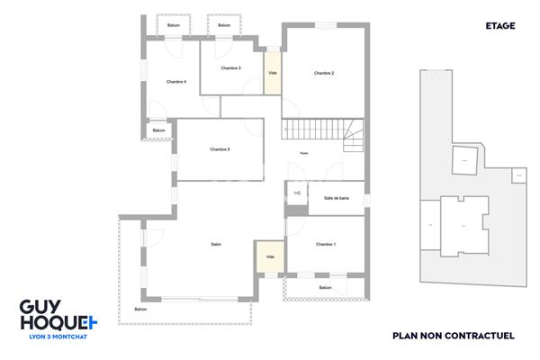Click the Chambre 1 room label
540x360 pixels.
pyautogui.click(x=325, y=245)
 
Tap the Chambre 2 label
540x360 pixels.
pyautogui.click(x=324, y=73)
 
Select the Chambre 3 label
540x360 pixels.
pyautogui.click(x=231, y=68)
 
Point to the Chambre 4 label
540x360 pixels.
pyautogui.click(x=176, y=82)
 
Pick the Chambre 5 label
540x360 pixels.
pyautogui.click(x=220, y=149)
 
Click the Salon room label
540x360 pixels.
pyautogui.click(x=216, y=245)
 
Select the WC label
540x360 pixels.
pyautogui.click(x=297, y=193)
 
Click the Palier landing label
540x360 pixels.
pyautogui.click(x=304, y=154)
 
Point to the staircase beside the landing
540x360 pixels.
pyautogui.click(x=324, y=132)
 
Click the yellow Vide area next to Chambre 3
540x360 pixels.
pyautogui.click(x=272, y=73)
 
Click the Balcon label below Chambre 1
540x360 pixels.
pyautogui.click(x=325, y=288)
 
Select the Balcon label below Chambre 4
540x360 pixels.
pyautogui.click(x=159, y=130)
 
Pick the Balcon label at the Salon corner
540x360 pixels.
pyautogui.click(x=140, y=310)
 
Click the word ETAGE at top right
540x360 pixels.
pyautogui.click(x=500, y=26)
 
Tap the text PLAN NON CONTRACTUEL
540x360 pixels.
pyautogui.click(x=453, y=336)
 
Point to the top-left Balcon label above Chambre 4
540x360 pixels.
pyautogui.click(x=174, y=25)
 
